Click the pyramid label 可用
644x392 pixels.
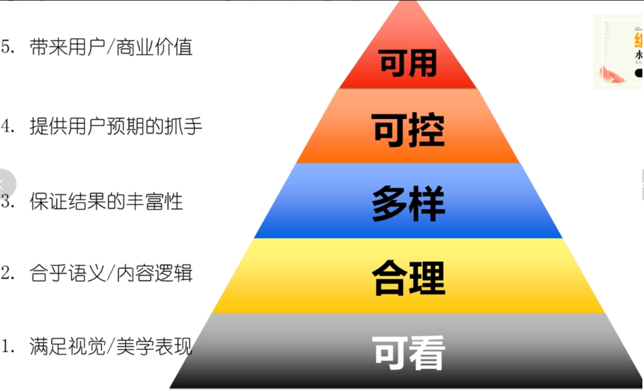408,63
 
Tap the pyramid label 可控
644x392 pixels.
408,130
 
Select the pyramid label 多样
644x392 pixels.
408,205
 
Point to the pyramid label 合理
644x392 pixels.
408,278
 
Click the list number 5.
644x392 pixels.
7,48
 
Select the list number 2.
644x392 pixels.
7,273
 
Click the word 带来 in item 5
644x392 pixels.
46,48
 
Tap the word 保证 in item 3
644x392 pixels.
46,201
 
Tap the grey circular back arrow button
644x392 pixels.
5,184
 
